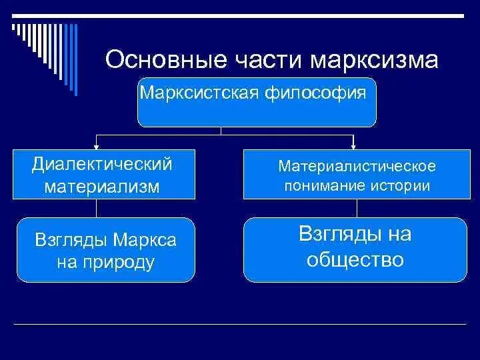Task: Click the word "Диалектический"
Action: [x=102, y=164]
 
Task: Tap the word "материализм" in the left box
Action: [x=102, y=186]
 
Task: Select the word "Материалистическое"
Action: [x=357, y=165]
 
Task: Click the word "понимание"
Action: [x=320, y=185]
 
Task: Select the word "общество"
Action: [x=355, y=259]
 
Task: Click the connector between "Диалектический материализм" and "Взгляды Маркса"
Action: [x=97, y=208]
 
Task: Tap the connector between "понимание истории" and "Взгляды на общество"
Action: [x=353, y=208]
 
